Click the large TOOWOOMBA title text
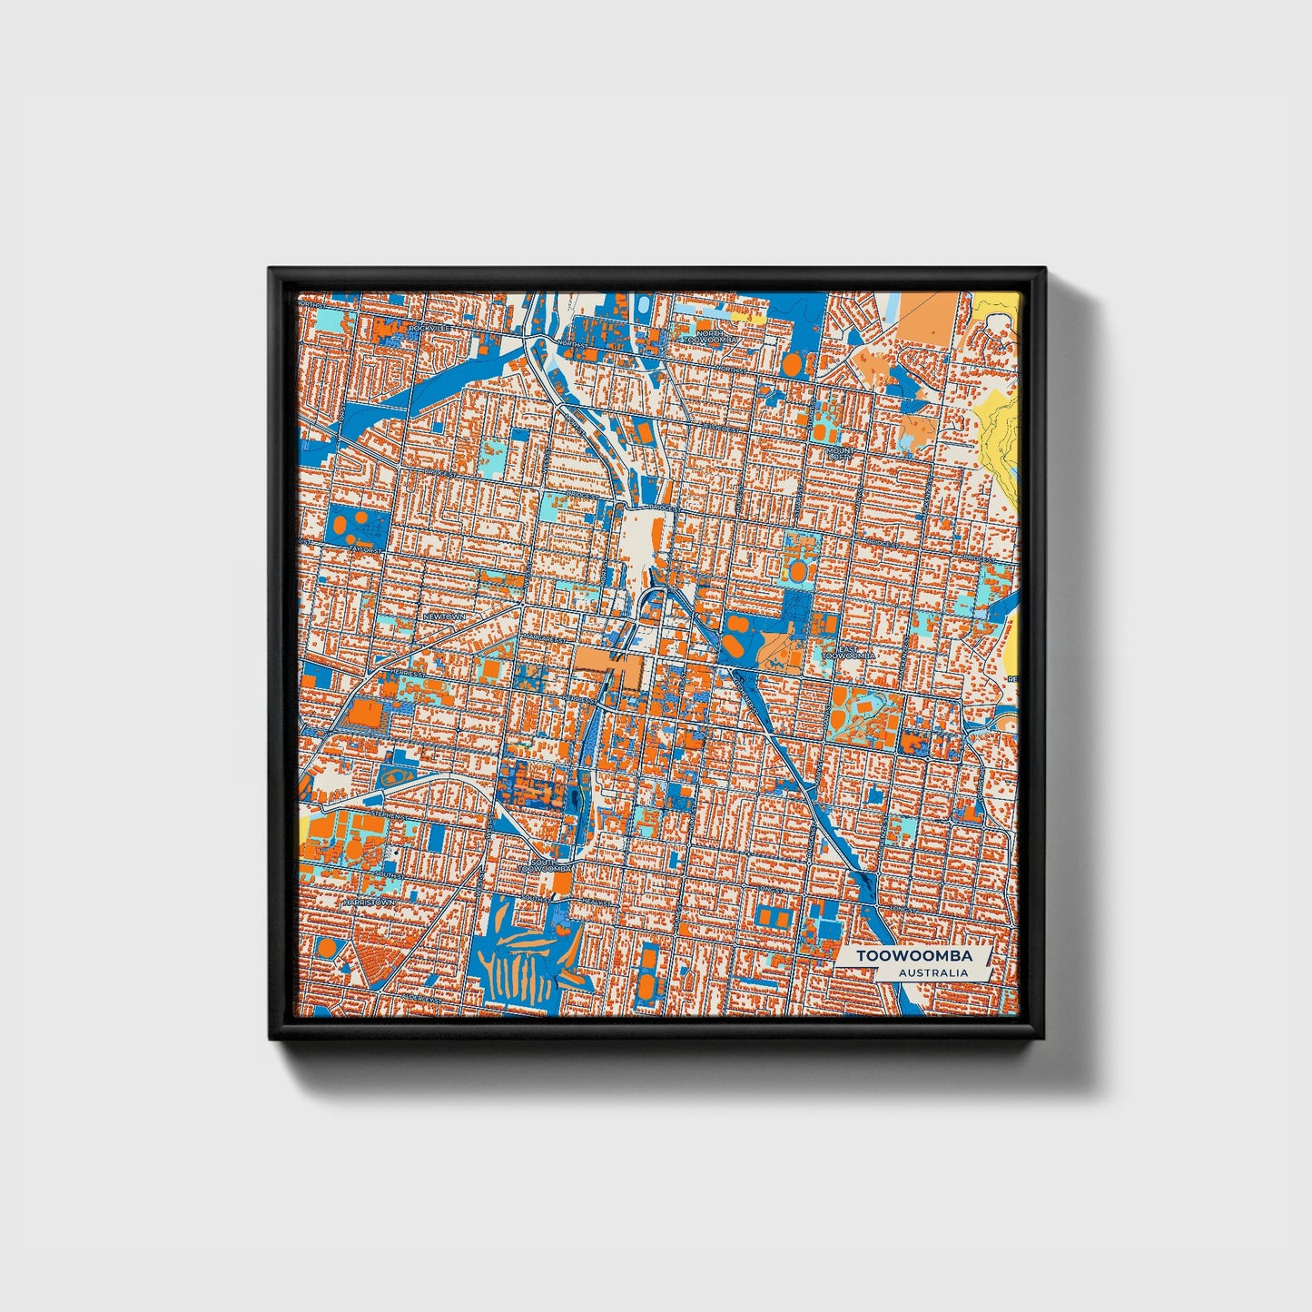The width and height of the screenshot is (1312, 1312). pyautogui.click(x=914, y=956)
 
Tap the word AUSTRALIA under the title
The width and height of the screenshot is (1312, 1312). pyautogui.click(x=932, y=972)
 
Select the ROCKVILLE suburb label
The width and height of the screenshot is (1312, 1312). pyautogui.click(x=429, y=327)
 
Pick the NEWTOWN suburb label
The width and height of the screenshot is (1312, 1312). pyautogui.click(x=443, y=617)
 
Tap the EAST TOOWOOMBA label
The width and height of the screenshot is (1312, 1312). pyautogui.click(x=852, y=651)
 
